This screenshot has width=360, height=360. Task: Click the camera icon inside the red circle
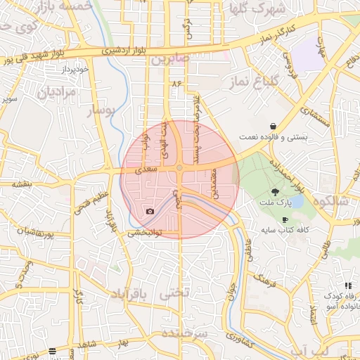[x=150, y=211]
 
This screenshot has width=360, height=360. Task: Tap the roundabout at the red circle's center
[x=180, y=167]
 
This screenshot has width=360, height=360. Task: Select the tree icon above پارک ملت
[x=275, y=191]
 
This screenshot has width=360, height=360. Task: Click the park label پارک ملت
[x=276, y=204]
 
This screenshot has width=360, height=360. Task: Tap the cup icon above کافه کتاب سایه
[x=285, y=219]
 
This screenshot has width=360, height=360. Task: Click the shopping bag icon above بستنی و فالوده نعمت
[x=271, y=126]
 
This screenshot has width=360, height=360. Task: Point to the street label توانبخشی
[x=145, y=232]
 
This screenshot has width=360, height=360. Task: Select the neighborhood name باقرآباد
[x=131, y=293]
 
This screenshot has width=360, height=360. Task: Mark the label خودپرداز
[x=73, y=70]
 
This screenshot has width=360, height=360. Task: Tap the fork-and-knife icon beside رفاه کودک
[x=348, y=285]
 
